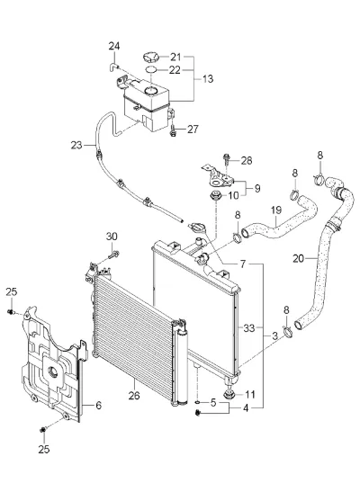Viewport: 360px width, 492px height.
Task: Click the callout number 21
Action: point(175,57)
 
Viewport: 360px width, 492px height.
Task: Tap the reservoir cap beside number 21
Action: point(151,58)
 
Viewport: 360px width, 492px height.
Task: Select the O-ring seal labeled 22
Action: point(151,69)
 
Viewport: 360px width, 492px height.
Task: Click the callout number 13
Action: point(208,78)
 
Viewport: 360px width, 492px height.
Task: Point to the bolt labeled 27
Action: point(173,130)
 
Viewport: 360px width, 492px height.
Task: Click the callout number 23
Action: point(76,146)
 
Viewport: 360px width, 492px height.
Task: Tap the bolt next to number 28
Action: point(226,160)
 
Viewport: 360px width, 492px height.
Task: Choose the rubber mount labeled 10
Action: point(216,195)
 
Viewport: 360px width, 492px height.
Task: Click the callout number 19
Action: point(276,210)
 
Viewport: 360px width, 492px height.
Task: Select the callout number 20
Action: point(299,258)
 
